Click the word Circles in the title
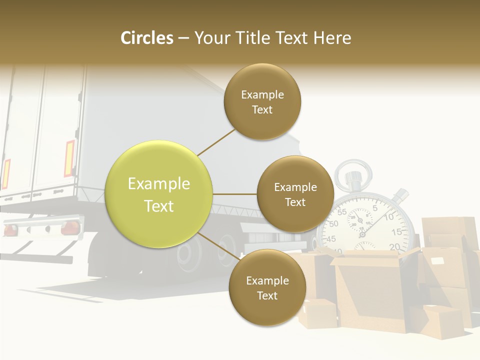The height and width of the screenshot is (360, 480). (147, 38)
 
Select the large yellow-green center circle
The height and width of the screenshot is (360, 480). (159, 194)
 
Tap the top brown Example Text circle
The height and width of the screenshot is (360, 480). (262, 101)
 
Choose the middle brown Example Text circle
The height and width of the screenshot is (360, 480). (295, 194)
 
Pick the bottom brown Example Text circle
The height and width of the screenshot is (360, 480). (267, 287)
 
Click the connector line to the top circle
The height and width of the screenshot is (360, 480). (216, 142)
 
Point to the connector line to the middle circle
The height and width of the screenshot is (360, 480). (235, 194)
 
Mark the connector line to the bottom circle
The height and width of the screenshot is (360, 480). (218, 246)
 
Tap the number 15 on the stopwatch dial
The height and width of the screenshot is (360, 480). (396, 232)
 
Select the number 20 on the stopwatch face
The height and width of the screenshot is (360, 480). (394, 246)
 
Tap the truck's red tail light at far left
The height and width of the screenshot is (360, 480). (10, 230)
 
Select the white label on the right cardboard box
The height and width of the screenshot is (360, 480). (437, 261)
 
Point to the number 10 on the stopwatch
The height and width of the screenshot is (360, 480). (389, 217)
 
